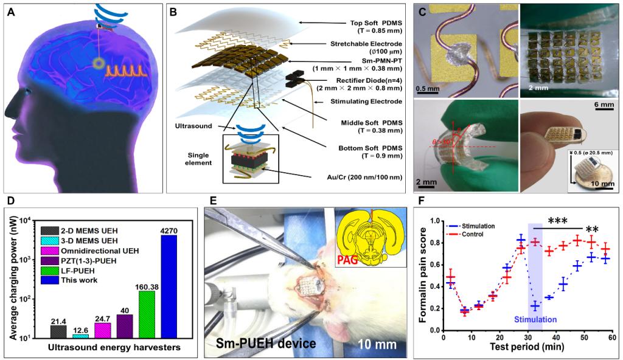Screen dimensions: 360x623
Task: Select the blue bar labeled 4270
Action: click(169, 286)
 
